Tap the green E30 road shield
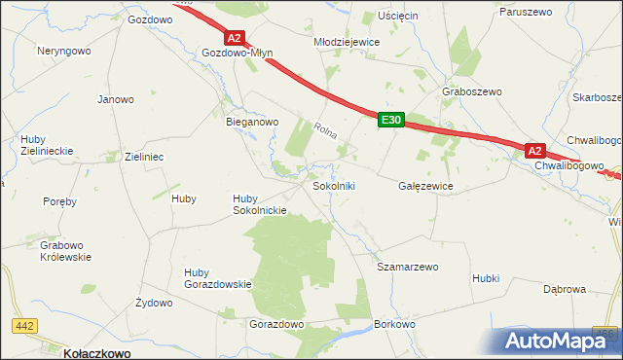click(391, 119)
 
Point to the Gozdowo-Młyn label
click(237, 54)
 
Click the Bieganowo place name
click(252, 122)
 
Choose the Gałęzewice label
click(426, 185)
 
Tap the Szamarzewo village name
click(408, 266)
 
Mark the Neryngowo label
click(64, 50)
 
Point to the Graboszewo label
click(471, 91)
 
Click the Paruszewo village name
click(526, 12)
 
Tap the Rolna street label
click(325, 129)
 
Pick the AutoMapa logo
click(558, 342)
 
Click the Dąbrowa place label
click(565, 289)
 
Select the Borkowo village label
click(395, 323)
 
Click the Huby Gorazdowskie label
click(218, 277)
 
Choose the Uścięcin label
click(397, 17)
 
